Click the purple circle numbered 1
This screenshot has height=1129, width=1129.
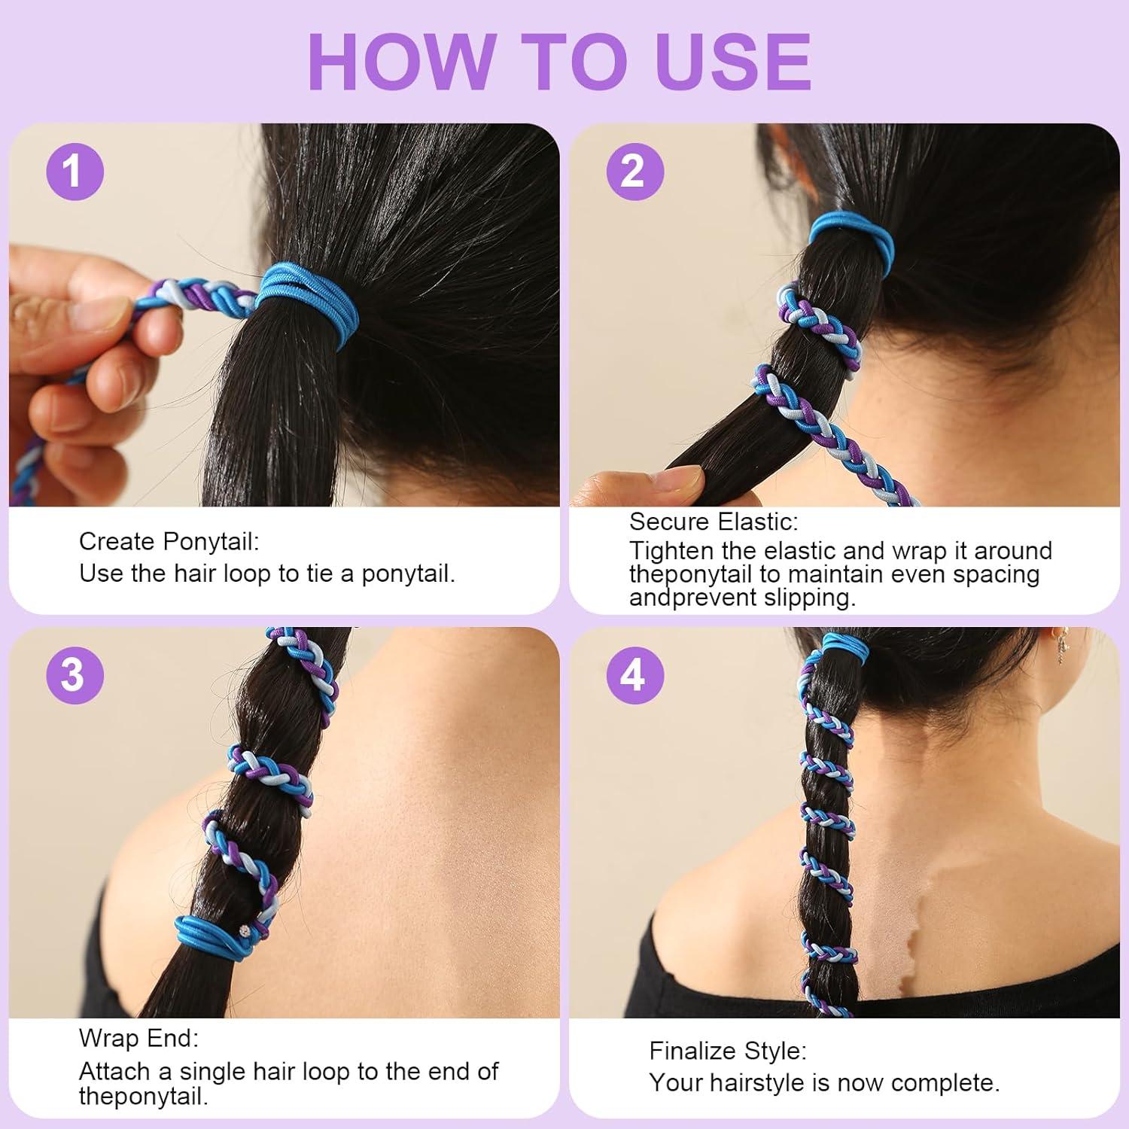point(74,172)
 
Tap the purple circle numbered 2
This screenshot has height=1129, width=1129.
point(634,172)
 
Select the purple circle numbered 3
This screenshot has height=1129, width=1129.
point(74,674)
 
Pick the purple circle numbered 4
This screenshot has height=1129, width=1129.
point(634,674)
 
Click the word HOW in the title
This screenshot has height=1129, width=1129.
point(400,62)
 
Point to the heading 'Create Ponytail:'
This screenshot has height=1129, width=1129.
point(169,541)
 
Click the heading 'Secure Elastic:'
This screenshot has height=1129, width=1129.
point(713,521)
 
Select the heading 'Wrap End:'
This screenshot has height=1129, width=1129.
point(138,1038)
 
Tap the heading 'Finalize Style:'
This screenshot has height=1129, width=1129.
point(727,1050)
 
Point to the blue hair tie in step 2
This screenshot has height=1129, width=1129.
point(851,235)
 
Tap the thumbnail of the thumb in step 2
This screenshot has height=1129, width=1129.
point(681,476)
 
